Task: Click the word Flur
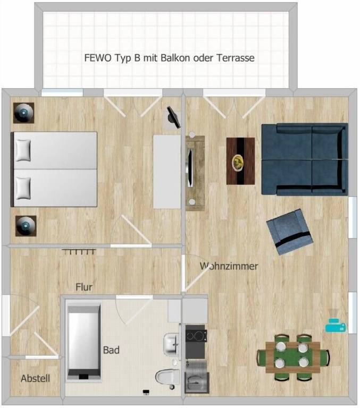[x=84, y=287]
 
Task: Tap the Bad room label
[x=111, y=350]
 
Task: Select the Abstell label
[x=36, y=379]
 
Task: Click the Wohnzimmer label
[x=229, y=266]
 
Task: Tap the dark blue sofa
[x=304, y=159]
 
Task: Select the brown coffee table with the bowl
[x=240, y=160]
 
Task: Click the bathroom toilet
[x=169, y=377]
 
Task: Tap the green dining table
[x=293, y=356]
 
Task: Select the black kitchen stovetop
[x=196, y=335]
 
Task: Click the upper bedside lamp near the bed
[x=24, y=112]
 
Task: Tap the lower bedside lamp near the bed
[x=26, y=225]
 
